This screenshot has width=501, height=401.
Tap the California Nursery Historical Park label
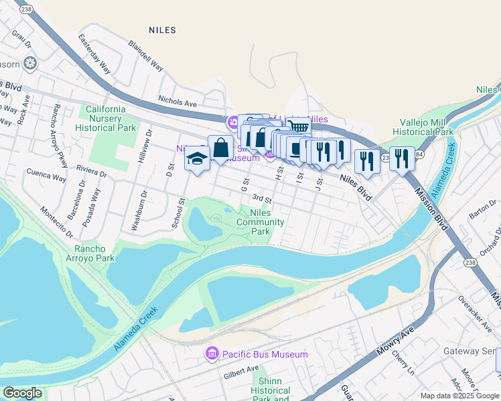coord(105,118)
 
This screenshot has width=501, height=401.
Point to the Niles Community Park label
coord(263,222)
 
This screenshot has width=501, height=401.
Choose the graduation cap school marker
coord(197,159)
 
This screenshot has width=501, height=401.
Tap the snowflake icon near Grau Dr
coord(29,63)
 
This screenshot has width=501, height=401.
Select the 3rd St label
coord(262,198)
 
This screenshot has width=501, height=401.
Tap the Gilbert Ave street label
coord(242,369)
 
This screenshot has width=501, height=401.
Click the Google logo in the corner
coord(22,393)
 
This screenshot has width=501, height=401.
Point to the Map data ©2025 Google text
coord(459,396)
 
